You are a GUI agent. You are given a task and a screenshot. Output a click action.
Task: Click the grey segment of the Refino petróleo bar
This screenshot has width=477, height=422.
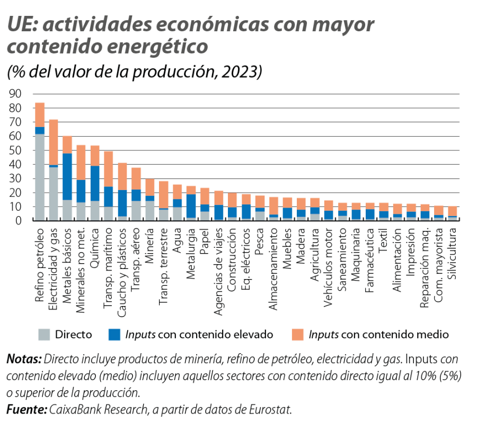pyautogui.click(x=40, y=177)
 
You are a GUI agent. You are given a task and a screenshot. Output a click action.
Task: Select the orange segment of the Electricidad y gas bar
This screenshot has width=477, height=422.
pyautogui.click(x=54, y=142)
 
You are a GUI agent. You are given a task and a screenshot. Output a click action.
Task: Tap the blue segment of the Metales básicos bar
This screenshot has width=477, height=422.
pyautogui.click(x=67, y=176)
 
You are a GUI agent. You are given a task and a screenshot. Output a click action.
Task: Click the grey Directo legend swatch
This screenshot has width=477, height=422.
pyautogui.click(x=45, y=334)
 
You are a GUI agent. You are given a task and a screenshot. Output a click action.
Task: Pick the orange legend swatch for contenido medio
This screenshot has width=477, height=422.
pyautogui.click(x=298, y=334)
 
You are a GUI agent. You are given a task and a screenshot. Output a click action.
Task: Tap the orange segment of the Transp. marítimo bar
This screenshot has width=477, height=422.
pyautogui.click(x=109, y=169)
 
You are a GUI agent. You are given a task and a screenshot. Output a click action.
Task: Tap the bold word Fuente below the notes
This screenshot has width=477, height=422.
pyautogui.click(x=26, y=410)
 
